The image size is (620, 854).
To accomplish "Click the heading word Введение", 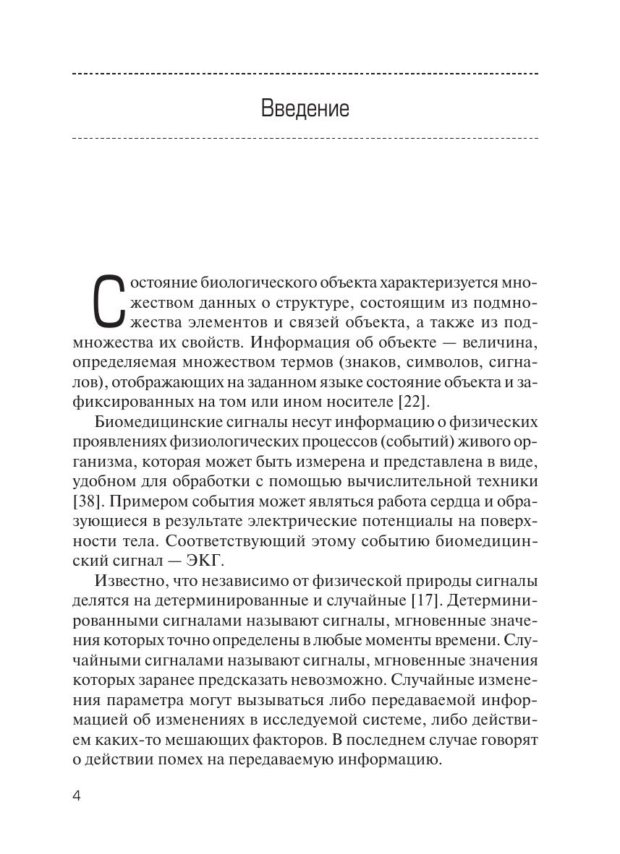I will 305,109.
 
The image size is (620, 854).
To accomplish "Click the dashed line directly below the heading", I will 305,137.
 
